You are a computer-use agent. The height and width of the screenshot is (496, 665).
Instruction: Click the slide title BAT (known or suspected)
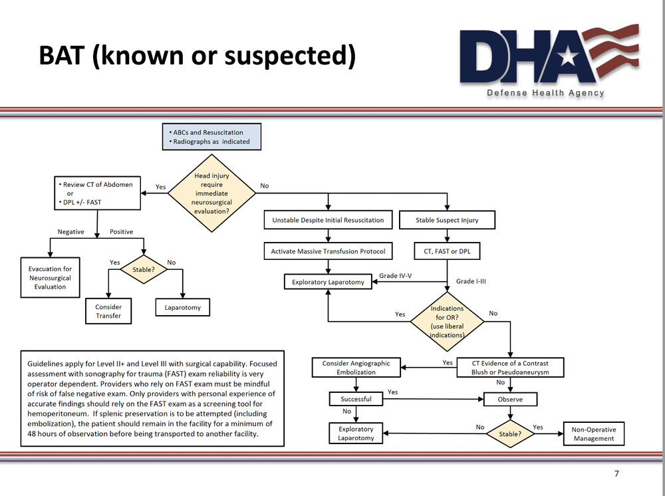tap(196, 56)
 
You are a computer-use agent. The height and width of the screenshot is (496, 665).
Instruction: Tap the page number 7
tap(616, 473)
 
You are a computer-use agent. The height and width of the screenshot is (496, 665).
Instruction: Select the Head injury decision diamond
tap(211, 193)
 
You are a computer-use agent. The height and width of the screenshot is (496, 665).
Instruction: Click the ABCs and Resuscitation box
tap(211, 137)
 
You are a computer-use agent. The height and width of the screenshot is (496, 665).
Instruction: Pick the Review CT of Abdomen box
tap(97, 193)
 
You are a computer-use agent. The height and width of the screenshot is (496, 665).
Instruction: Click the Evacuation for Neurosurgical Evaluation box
tap(51, 278)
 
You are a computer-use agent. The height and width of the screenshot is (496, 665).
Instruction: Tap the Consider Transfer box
tap(108, 311)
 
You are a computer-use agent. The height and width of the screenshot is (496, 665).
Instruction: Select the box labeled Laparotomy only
tap(182, 308)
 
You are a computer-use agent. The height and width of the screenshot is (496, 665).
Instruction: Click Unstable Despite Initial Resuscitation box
tap(328, 220)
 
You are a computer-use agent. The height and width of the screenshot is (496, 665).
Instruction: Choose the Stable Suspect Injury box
tap(447, 220)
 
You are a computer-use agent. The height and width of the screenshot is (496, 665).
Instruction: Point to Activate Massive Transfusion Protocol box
tap(328, 252)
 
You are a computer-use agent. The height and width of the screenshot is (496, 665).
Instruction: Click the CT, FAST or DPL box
tap(447, 252)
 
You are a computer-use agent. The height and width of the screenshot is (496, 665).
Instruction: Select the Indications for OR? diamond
tap(447, 322)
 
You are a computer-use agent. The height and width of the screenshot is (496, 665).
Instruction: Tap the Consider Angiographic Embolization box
tap(356, 368)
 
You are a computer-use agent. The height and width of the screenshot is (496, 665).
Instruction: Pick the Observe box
tap(510, 400)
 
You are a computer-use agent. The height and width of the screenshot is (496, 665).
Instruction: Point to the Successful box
tap(356, 400)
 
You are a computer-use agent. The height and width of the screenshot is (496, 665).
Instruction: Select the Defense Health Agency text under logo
tap(545, 93)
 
